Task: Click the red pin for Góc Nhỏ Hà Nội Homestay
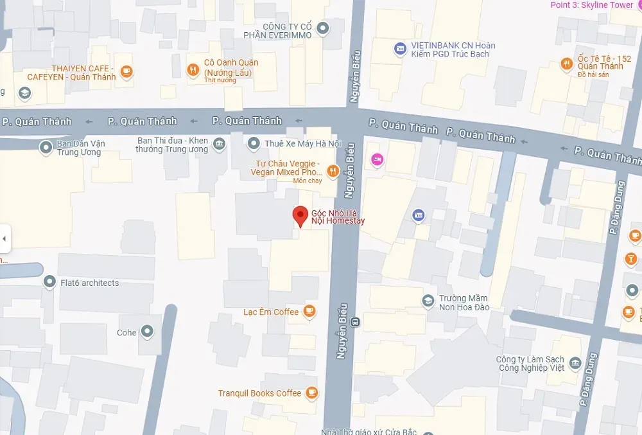[x=300, y=216]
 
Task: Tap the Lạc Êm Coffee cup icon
[x=309, y=312]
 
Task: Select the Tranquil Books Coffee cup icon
[x=311, y=393]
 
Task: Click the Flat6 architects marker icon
[x=49, y=282]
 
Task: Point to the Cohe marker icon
[x=148, y=332]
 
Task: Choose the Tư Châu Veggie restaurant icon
[x=333, y=171]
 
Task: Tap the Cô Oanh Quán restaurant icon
[x=193, y=70]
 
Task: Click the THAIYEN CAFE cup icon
[x=126, y=71]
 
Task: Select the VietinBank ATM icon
[x=400, y=48]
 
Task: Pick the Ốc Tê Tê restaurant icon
[x=566, y=64]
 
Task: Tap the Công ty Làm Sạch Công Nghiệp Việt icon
[x=575, y=363]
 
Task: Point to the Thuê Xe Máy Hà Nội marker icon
[x=254, y=143]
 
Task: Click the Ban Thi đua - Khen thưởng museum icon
[x=219, y=143]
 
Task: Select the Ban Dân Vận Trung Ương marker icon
[x=46, y=148]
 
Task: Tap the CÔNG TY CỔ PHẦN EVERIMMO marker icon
[x=323, y=28]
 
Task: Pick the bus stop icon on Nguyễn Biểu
[x=356, y=322]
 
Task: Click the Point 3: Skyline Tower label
[x=591, y=5]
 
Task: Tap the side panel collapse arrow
[x=4, y=239]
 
